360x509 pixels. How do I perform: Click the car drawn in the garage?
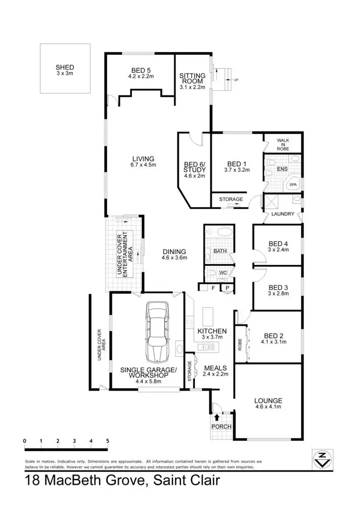[x=158, y=332]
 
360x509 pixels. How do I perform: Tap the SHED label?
[x=65, y=68]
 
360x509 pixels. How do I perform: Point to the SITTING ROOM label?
[x=192, y=79]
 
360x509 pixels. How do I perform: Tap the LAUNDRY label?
[x=283, y=214]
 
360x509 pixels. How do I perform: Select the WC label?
[x=222, y=273]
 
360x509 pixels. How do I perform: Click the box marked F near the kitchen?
[x=213, y=288]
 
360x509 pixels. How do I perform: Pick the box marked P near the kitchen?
[x=227, y=288]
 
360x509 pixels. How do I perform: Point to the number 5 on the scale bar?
[x=107, y=440]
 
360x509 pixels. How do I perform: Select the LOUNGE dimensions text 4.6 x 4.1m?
[x=268, y=407]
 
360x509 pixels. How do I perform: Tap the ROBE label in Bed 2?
[x=240, y=344]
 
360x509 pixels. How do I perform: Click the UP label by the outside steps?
[x=236, y=80]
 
